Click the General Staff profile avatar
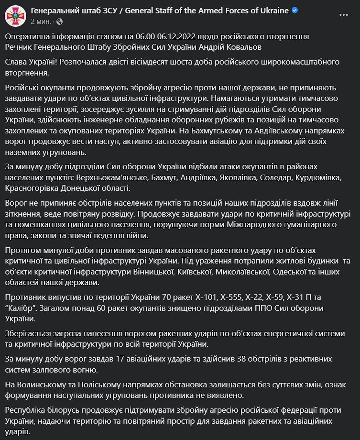tap(15, 15)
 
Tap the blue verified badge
tap(295, 11)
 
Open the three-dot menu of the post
tap(343, 15)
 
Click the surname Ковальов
tap(242, 47)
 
